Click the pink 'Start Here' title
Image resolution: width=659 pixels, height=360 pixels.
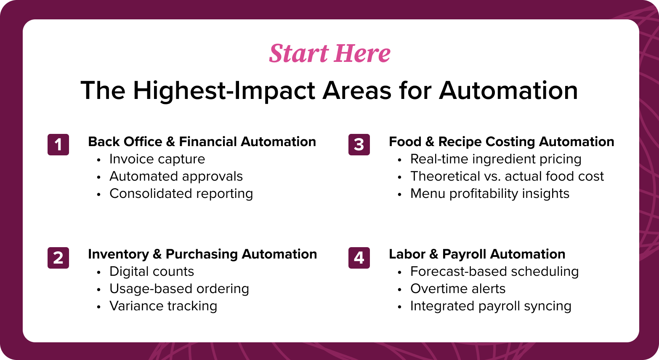coord(329,53)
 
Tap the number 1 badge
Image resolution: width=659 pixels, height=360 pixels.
coord(58,144)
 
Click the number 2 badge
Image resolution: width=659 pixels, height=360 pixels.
coord(58,258)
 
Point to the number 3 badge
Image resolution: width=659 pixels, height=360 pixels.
coord(359,144)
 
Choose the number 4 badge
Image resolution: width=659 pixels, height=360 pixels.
coord(359,258)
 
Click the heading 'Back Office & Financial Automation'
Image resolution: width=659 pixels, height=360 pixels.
coord(202,141)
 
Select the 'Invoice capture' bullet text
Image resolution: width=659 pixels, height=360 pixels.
coord(157,159)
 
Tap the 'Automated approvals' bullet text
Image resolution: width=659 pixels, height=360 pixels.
coord(176,176)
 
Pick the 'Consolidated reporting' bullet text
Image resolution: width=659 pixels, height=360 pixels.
coord(181,194)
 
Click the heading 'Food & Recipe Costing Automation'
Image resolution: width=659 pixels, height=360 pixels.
coord(501,141)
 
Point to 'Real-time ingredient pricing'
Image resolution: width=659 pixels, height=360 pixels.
coord(496,159)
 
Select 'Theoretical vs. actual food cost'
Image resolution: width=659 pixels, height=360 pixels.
coord(507,176)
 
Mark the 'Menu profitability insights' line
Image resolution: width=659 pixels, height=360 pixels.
coord(489,194)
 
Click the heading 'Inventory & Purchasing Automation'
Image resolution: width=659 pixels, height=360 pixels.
coord(202,254)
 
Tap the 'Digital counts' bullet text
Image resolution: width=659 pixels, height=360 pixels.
coord(151,272)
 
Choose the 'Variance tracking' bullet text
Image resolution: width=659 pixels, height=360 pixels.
coord(163,306)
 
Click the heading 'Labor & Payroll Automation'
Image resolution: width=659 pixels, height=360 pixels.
coord(477,254)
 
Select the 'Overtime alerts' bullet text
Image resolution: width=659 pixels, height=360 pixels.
coord(458,289)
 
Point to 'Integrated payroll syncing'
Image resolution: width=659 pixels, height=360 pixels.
coord(491,306)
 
